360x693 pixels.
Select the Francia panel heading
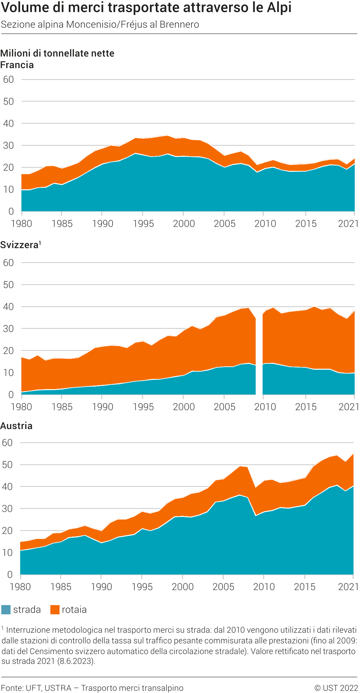click(17, 65)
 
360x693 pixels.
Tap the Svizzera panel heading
click(20, 245)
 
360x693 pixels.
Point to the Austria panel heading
click(16, 426)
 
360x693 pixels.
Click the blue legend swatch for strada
click(6, 610)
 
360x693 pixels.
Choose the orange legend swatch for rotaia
click(55, 610)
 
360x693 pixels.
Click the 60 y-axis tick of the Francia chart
click(9, 79)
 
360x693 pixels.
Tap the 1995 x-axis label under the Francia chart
click(143, 224)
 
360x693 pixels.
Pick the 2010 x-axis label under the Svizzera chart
click(265, 407)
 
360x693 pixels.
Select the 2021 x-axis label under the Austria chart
click(348, 586)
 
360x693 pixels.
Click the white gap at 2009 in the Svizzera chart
click(259, 356)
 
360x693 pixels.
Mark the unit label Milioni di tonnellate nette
click(57, 53)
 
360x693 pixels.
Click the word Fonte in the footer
click(11, 688)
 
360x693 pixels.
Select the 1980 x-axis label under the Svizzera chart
click(21, 407)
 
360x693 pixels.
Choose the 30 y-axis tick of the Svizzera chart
click(9, 329)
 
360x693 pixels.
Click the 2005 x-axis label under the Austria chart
click(223, 586)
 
